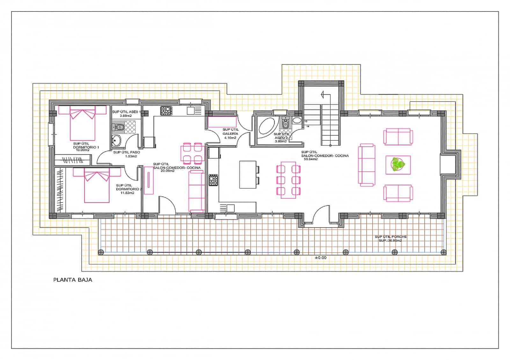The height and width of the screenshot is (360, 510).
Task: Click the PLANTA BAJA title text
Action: (73, 280)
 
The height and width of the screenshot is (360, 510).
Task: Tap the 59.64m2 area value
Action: (311, 159)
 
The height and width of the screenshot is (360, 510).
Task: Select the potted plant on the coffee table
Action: (398, 165)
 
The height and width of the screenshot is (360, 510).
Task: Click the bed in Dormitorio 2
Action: (97, 185)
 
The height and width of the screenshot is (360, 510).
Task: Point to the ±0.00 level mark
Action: (320, 258)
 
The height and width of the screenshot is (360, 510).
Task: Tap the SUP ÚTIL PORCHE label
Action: (390, 237)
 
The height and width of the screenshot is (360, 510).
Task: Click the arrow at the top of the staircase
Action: (323, 94)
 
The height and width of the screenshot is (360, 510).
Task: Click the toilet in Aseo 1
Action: (119, 128)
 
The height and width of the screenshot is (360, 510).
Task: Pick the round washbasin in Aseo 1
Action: (116, 140)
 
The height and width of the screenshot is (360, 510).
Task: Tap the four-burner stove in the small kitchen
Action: (166, 111)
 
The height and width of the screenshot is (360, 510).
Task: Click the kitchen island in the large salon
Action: (248, 175)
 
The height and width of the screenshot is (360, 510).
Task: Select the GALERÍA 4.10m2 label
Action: (230, 134)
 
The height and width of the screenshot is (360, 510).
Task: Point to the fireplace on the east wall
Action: (450, 164)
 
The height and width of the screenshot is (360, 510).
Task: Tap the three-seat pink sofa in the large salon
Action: (367, 165)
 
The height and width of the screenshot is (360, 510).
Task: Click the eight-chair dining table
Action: (288, 180)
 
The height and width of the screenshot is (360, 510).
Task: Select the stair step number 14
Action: (308, 126)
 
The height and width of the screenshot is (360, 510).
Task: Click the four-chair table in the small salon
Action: (192, 153)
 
